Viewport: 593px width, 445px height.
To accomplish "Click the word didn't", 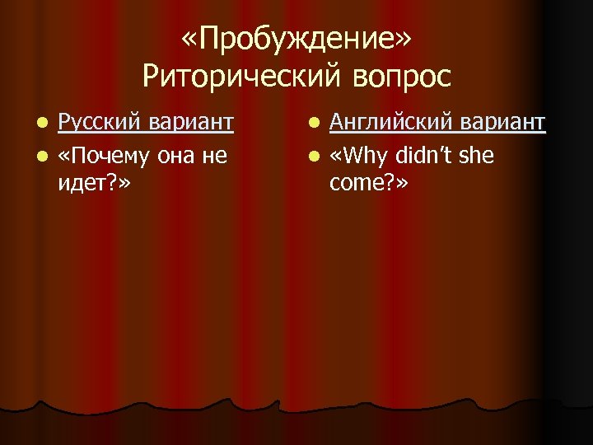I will [423, 154].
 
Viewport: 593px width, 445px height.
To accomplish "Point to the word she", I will [477, 154].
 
